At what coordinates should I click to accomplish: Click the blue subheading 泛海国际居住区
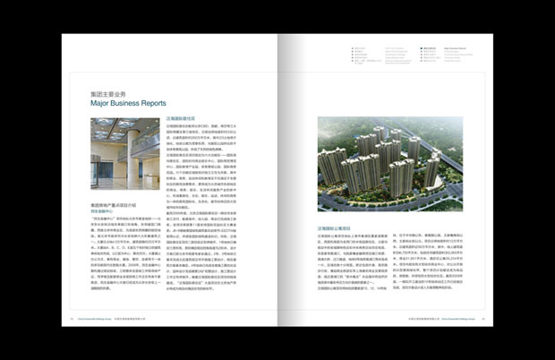183,118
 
